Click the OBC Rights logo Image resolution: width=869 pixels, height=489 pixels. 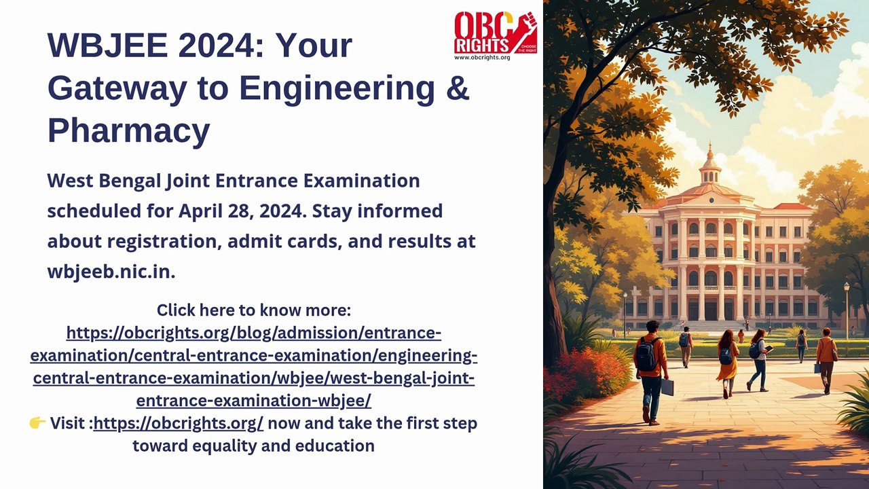coord(496,33)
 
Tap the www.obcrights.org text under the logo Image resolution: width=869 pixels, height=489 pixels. coord(482,58)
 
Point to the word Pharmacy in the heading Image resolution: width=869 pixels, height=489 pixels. coord(129,131)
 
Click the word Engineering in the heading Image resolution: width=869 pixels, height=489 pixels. coord(337,88)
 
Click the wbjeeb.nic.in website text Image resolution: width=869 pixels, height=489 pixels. coord(111,272)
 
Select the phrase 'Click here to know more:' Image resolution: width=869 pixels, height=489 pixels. coord(254,310)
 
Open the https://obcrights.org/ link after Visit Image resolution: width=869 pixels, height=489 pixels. coord(179,423)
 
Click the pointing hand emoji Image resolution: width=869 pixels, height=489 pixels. coord(37,423)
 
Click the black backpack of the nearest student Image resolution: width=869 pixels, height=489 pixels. coord(645,354)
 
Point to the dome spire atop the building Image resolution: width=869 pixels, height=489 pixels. coord(710,151)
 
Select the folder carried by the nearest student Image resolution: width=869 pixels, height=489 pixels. coord(667,387)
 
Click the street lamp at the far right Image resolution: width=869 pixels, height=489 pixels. coord(847,310)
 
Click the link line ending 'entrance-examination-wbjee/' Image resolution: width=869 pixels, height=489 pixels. coord(254,401)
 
